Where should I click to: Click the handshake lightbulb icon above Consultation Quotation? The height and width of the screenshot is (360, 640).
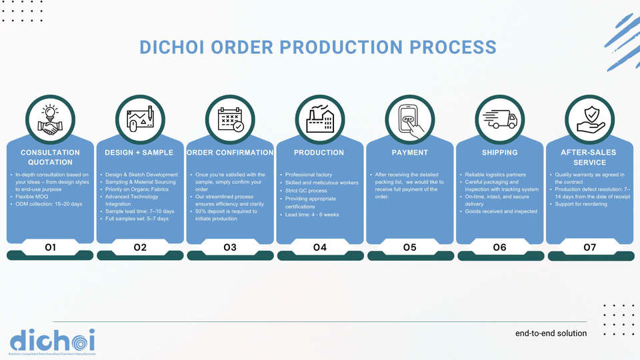[x=50, y=120]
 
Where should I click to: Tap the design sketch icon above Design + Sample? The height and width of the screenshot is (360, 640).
[x=140, y=120]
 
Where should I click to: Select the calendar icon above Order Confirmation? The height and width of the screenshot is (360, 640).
[x=230, y=120]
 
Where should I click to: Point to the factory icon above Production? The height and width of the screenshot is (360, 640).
[x=320, y=120]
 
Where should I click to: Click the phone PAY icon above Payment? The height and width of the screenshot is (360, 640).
[x=410, y=120]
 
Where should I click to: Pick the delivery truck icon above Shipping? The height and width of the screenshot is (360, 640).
[x=500, y=120]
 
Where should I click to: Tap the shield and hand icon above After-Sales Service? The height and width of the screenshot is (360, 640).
[x=590, y=120]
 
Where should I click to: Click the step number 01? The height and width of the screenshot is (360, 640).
[x=50, y=247]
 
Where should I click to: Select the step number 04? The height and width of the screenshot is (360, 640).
[x=320, y=247]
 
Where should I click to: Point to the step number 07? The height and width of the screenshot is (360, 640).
[x=590, y=247]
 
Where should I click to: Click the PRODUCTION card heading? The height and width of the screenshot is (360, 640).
[x=320, y=153]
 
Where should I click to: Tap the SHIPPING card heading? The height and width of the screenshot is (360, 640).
[x=500, y=153]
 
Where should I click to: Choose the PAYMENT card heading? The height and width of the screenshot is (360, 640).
[x=410, y=153]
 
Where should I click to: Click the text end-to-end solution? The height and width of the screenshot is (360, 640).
[x=551, y=333]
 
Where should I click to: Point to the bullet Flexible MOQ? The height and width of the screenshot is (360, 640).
[x=35, y=197]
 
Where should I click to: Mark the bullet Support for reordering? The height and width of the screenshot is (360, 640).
[x=581, y=204]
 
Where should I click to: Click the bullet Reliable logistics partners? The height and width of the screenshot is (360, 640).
[x=495, y=175]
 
